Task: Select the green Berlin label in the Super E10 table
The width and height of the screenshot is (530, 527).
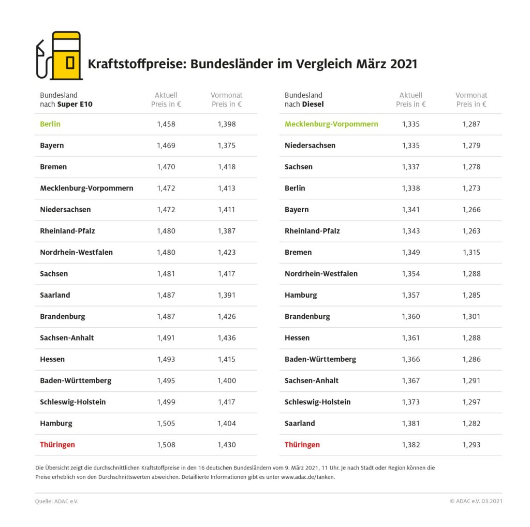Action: (x=50, y=124)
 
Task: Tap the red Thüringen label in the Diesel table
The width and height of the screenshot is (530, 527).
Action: (x=302, y=445)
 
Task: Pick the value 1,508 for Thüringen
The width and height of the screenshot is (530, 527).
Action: (x=166, y=445)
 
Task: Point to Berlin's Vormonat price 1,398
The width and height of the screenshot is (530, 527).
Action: (x=227, y=124)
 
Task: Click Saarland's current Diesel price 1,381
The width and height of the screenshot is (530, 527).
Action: (x=411, y=423)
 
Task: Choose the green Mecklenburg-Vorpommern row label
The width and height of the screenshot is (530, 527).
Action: (x=331, y=124)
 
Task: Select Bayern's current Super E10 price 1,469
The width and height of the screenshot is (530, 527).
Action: (x=166, y=145)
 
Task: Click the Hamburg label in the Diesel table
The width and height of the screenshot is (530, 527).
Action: (x=301, y=295)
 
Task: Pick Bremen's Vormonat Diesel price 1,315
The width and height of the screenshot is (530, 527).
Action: (x=472, y=253)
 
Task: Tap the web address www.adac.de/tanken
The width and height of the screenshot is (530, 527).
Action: (x=308, y=477)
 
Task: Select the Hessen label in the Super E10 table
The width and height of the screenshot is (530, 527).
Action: (x=52, y=359)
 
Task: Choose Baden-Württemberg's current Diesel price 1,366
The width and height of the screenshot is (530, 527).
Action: (x=411, y=359)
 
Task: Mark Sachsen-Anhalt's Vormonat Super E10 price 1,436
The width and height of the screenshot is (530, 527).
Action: (x=227, y=338)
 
